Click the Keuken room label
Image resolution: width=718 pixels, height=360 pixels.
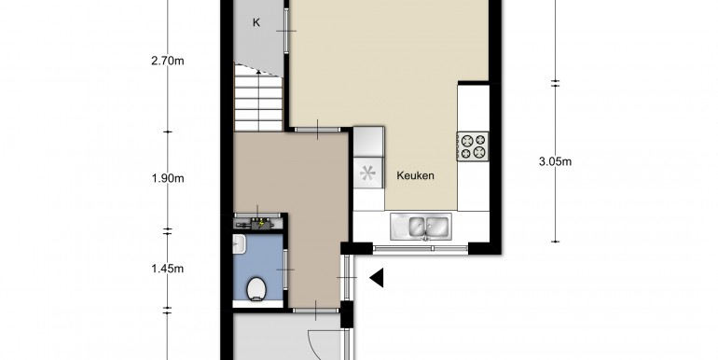[x=415, y=175]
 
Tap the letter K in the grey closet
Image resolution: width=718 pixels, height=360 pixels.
[x=256, y=22]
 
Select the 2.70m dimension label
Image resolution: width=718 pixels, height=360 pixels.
[x=168, y=61]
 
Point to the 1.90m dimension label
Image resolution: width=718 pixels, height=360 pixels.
[x=168, y=178]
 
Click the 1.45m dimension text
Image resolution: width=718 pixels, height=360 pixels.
[x=168, y=269]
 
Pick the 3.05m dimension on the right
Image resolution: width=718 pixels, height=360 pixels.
[x=556, y=161]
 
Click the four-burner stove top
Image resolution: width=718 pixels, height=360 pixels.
[x=473, y=146]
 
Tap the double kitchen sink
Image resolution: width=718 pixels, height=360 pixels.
[x=421, y=227]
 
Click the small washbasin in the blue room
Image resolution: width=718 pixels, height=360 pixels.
[x=239, y=244]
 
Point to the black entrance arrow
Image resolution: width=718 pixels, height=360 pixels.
[x=377, y=278]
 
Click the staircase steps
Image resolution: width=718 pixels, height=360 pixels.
[x=258, y=104]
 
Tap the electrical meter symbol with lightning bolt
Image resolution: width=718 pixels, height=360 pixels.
[x=258, y=224]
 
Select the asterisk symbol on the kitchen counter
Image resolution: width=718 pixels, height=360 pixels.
[x=367, y=173]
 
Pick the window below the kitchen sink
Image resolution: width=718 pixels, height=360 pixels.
[x=421, y=249]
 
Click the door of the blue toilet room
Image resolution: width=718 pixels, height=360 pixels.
[x=285, y=270]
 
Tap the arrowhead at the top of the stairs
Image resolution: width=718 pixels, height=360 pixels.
[x=258, y=72]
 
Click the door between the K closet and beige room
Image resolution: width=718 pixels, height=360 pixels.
[x=286, y=31]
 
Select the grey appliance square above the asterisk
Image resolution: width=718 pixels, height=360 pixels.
[x=368, y=141]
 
